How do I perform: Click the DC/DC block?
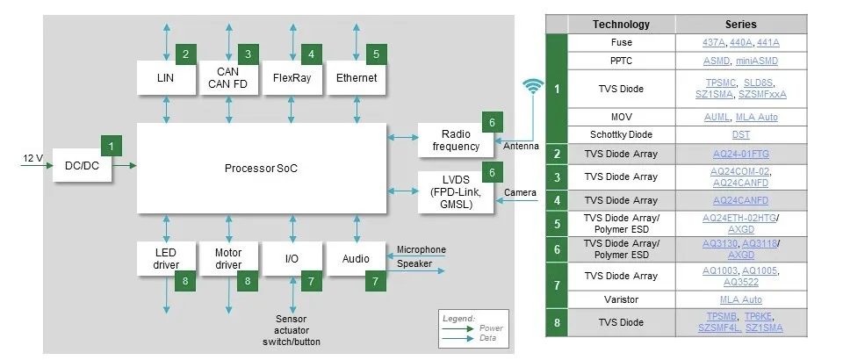82,164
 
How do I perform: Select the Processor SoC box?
262,168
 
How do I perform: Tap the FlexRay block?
292,78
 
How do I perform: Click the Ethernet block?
357,78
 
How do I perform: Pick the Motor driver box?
228,259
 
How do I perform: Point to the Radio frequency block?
449,140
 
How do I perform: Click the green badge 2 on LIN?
185,54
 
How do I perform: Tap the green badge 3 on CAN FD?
249,54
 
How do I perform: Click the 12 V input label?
32,158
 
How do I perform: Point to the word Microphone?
421,249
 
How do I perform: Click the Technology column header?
621,25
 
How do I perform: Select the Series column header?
741,25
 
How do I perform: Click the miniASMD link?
757,61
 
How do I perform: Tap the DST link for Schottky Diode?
741,135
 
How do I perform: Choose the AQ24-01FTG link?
741,154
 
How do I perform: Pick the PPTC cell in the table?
621,61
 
